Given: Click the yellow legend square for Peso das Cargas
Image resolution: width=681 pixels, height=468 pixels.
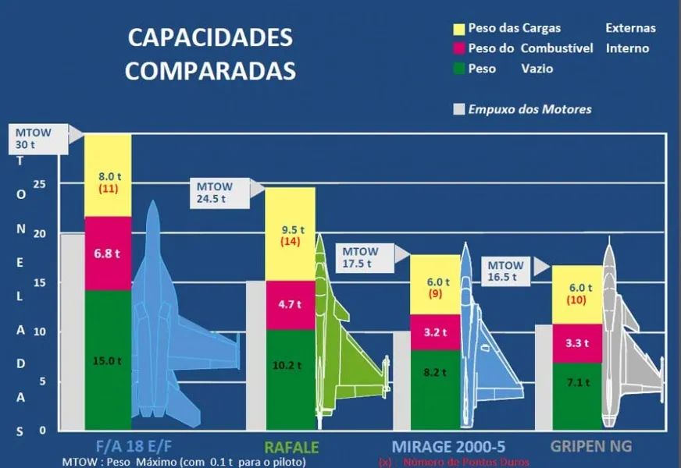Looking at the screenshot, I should pyautogui.click(x=459, y=28).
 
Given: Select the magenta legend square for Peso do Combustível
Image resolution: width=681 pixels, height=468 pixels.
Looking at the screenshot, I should pyautogui.click(x=459, y=48).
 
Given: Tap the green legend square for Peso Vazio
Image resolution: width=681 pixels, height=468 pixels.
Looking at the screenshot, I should pyautogui.click(x=459, y=69).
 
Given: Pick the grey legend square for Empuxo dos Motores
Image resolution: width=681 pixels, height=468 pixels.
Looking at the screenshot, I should pyautogui.click(x=459, y=109).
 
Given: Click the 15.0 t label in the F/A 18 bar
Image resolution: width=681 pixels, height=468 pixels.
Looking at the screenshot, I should pyautogui.click(x=108, y=360).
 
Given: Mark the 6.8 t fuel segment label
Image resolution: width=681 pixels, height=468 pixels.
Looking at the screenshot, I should pyautogui.click(x=108, y=253).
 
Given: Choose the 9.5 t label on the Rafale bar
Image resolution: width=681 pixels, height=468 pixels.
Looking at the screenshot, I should pyautogui.click(x=291, y=230).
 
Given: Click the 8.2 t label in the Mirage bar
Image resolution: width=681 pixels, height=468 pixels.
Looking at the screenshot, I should pyautogui.click(x=435, y=373).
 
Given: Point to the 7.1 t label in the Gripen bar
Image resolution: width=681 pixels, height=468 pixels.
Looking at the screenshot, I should pyautogui.click(x=578, y=381).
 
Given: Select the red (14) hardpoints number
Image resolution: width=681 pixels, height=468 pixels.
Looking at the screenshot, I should pyautogui.click(x=291, y=242).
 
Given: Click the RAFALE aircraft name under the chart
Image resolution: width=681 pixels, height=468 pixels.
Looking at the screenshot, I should pyautogui.click(x=291, y=447).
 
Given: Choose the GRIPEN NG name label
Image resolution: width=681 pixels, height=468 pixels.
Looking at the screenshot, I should pyautogui.click(x=590, y=447).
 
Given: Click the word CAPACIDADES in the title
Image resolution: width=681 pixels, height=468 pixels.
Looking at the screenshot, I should pyautogui.click(x=210, y=37).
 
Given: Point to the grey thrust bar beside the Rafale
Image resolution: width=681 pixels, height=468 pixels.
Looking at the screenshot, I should pyautogui.click(x=255, y=355).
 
